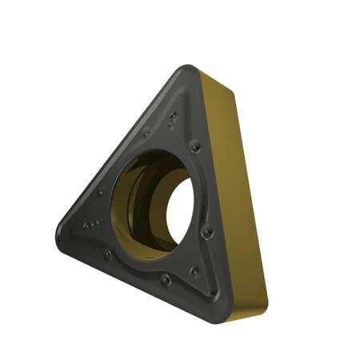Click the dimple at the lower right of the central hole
tap(208, 233)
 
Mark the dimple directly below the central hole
tap(164, 280)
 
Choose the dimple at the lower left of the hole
tap(107, 254)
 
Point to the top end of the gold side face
tap(210, 72)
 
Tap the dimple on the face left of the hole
tap(100, 192)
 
